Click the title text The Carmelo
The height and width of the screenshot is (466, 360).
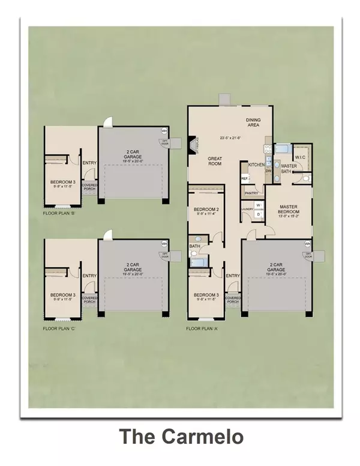click(x=181, y=437)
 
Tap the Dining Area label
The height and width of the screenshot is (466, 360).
click(x=254, y=123)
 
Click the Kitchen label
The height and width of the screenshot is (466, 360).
click(x=256, y=165)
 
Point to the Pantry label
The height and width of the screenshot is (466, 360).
click(x=251, y=193)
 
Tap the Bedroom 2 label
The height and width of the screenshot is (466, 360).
click(x=206, y=210)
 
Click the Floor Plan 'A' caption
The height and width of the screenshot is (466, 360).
click(x=204, y=329)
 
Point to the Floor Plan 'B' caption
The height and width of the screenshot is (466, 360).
click(x=61, y=213)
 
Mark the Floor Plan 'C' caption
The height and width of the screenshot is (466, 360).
click(x=61, y=329)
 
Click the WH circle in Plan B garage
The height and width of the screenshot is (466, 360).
click(x=164, y=130)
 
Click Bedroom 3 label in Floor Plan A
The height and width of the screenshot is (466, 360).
click(x=206, y=295)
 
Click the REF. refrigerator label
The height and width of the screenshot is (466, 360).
click(x=245, y=178)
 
